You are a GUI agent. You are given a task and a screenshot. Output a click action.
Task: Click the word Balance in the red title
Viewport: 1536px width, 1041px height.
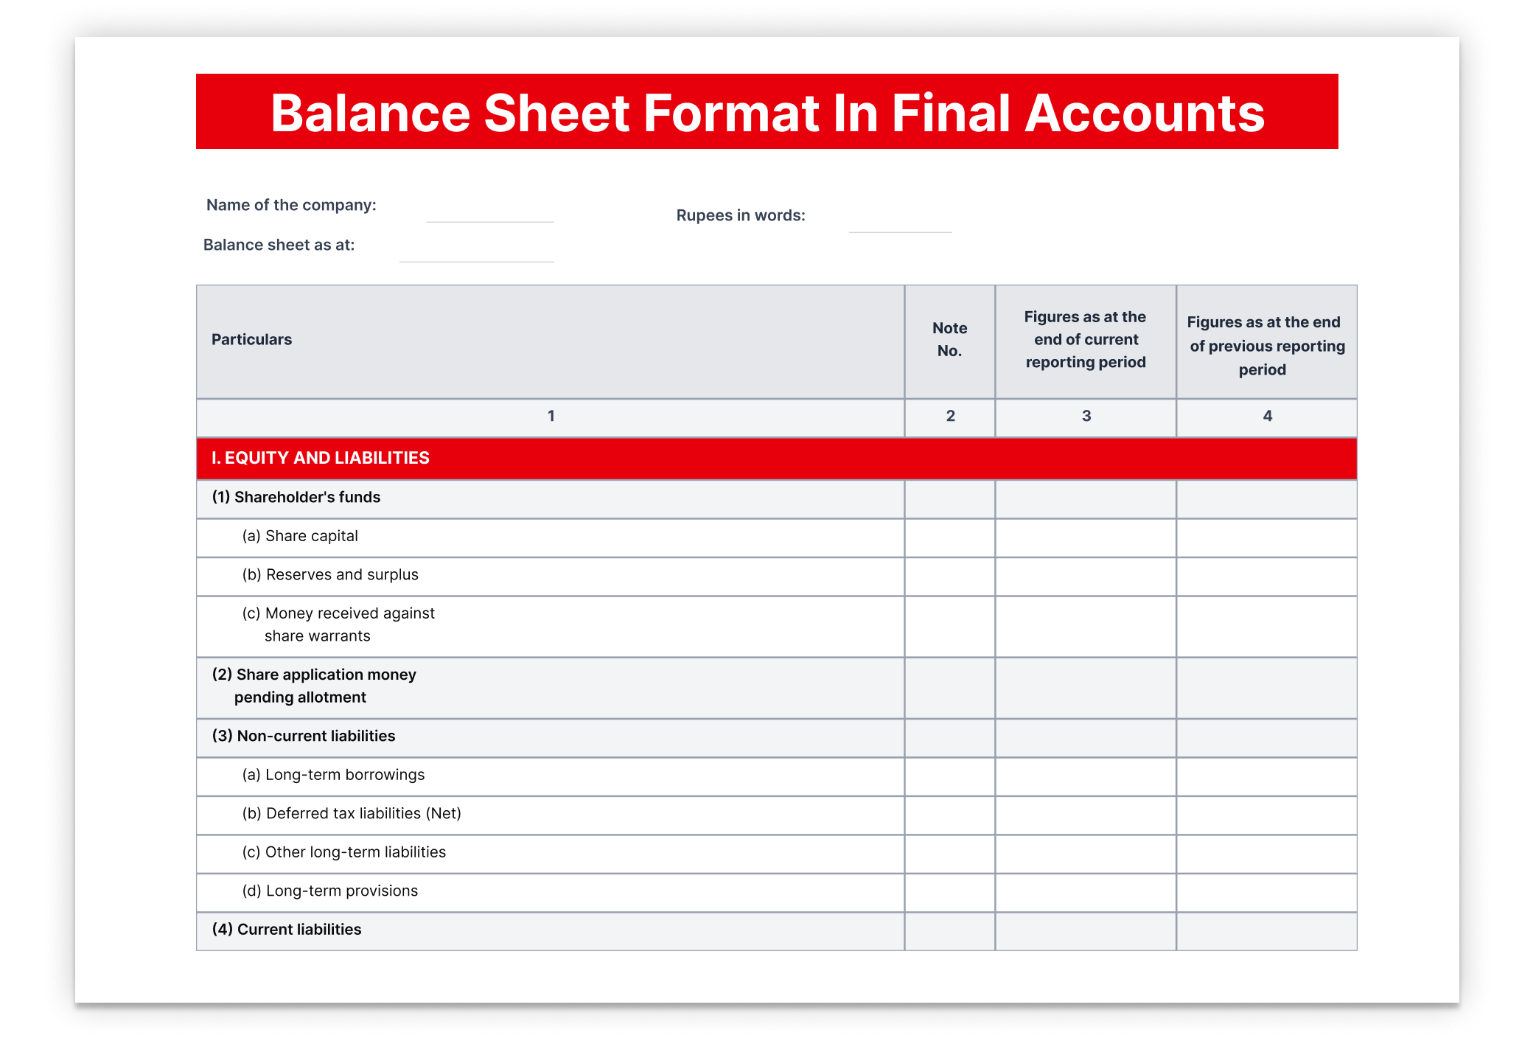coord(370,114)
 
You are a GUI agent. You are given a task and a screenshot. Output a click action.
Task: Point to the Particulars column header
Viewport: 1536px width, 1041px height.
coord(251,340)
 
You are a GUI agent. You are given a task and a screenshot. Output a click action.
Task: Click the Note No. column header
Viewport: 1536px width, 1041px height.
coord(949,340)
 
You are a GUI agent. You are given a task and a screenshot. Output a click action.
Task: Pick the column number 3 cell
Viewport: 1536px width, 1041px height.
coord(1086,417)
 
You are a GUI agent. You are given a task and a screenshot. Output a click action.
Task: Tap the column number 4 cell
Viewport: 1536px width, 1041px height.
coord(1267,417)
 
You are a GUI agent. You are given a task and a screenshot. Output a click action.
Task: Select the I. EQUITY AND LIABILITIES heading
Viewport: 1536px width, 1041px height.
coord(320,458)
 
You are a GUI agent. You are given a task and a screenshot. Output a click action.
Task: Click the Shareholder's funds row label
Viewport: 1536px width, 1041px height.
coord(296,498)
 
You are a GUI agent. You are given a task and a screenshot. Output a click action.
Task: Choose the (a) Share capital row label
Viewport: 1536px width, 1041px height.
coord(300,536)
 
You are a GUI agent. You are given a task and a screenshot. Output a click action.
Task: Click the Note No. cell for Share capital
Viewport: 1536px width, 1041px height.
coord(949,537)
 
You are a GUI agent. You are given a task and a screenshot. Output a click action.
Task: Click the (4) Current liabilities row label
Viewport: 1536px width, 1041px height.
coord(287,930)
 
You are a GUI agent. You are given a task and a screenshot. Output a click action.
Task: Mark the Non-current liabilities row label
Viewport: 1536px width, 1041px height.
coord(304,737)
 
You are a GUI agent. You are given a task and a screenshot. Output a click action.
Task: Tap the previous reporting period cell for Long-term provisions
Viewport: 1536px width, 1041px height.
coord(1266,892)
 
